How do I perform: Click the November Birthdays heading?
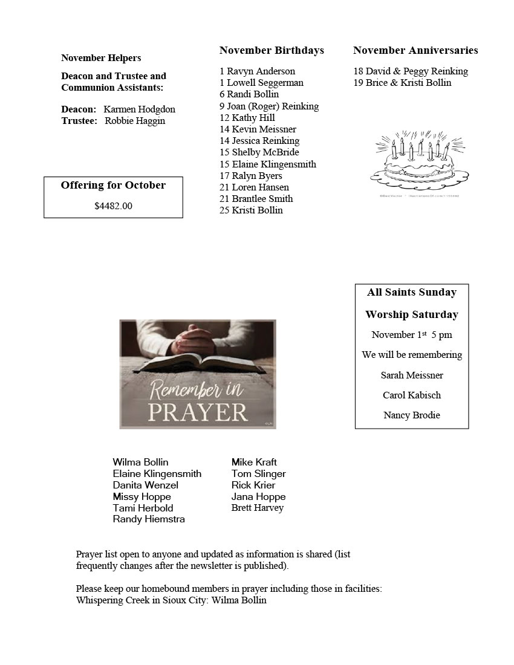coord(272,50)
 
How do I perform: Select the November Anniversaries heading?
coord(415,50)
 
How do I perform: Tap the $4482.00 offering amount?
coord(113,206)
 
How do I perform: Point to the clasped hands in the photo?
coord(192,340)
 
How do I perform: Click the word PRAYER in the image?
coord(198,412)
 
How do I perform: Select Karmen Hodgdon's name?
coord(139,109)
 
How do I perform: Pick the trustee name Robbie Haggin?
coord(135,121)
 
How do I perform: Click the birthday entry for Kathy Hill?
coord(247,118)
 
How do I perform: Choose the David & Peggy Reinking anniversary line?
coord(411,71)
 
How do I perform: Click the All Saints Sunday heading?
coord(412,292)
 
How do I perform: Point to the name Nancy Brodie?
coord(412,415)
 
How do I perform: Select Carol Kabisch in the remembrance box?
coord(412,395)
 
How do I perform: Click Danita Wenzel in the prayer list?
coord(145,485)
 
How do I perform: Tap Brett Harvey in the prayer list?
coord(257,508)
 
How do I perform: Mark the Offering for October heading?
coord(113,185)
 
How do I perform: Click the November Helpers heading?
coord(101,58)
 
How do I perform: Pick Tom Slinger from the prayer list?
coord(258,474)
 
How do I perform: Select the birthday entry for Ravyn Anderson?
coord(257,71)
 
